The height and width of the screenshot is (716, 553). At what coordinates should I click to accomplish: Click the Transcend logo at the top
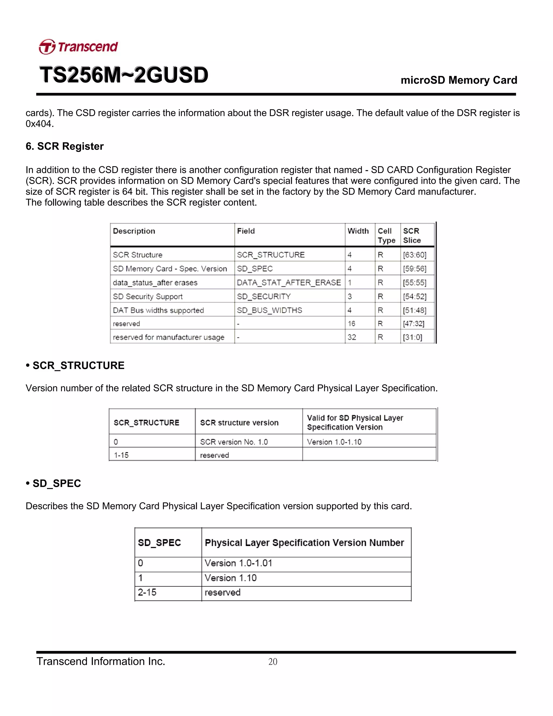tap(78, 47)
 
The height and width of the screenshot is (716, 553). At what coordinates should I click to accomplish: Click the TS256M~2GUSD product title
tap(124, 75)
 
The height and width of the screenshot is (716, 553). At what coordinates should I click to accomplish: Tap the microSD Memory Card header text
tap(459, 80)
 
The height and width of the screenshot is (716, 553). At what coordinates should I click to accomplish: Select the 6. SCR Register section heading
tap(65, 146)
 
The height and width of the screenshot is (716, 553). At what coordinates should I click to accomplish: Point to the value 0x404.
tap(39, 124)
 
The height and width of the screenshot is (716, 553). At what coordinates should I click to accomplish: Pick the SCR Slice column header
tap(412, 235)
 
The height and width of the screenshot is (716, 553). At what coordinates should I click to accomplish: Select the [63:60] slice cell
tap(414, 255)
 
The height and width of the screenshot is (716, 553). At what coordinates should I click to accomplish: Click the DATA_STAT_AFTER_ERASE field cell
tap(289, 283)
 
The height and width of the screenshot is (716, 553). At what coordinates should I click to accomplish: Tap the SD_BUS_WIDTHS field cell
tap(269, 310)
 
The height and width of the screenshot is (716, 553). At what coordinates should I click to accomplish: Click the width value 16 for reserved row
tap(352, 324)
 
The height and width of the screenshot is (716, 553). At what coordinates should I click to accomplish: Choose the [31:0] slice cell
tap(413, 337)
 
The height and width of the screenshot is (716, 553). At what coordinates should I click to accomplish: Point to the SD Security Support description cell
tap(147, 296)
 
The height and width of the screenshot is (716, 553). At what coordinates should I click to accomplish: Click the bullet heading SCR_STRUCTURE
tap(78, 366)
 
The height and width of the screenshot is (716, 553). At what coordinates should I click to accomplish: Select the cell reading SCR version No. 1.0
tap(234, 442)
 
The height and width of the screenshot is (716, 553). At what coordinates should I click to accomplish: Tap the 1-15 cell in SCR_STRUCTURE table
tap(121, 455)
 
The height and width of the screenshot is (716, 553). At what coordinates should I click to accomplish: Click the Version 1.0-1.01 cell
tap(238, 563)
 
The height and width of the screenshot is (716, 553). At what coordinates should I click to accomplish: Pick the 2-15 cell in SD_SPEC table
tap(147, 593)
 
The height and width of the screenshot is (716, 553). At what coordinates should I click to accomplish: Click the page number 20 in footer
tap(272, 662)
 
